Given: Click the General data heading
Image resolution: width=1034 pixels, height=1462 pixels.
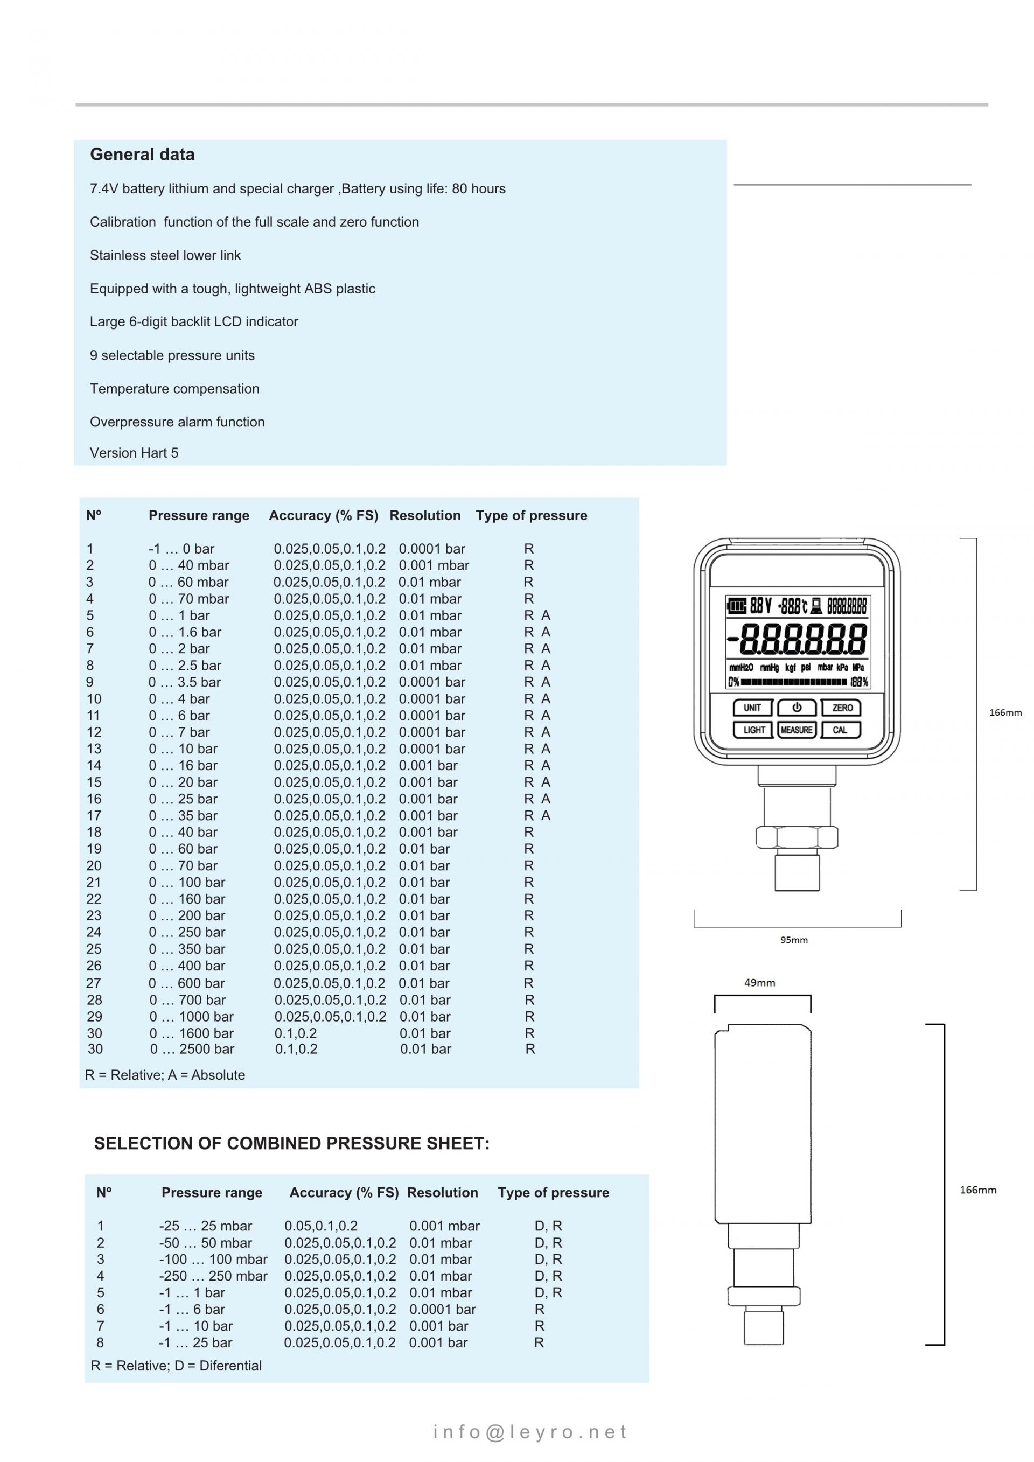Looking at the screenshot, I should point(142,154).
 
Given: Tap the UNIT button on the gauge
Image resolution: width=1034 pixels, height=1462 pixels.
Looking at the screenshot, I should point(752,708).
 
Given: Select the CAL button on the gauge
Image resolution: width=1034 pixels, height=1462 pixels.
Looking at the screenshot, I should point(841,730).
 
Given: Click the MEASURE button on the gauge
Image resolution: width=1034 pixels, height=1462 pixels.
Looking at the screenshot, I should point(797,730).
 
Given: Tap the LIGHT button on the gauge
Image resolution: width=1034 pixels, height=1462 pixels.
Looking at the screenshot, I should point(753,730).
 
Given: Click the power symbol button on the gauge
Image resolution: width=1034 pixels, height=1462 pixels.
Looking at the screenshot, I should point(797,708).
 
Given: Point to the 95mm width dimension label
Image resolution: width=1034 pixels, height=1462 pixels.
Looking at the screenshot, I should point(793,940).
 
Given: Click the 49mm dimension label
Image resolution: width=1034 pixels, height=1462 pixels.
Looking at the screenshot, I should point(759,983).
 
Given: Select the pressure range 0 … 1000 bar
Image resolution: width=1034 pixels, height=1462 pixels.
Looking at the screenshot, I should point(191,1016).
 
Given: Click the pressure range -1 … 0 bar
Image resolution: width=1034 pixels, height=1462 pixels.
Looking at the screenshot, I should point(181,548).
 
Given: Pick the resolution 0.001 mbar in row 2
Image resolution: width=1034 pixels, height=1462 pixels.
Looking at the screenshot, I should point(434,565).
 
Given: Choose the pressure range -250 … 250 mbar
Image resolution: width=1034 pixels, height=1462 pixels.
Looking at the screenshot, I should point(213,1276).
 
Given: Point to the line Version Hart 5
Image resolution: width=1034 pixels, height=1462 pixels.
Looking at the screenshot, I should point(134,453).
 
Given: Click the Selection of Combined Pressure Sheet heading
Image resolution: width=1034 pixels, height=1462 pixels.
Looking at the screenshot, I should point(291,1143).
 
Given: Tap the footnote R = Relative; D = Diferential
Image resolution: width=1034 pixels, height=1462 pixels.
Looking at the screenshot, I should point(176,1365).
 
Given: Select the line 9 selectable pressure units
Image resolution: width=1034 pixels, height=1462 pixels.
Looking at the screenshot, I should point(172,355).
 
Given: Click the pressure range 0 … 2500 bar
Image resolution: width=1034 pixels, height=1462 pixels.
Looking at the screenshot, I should point(192,1049).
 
